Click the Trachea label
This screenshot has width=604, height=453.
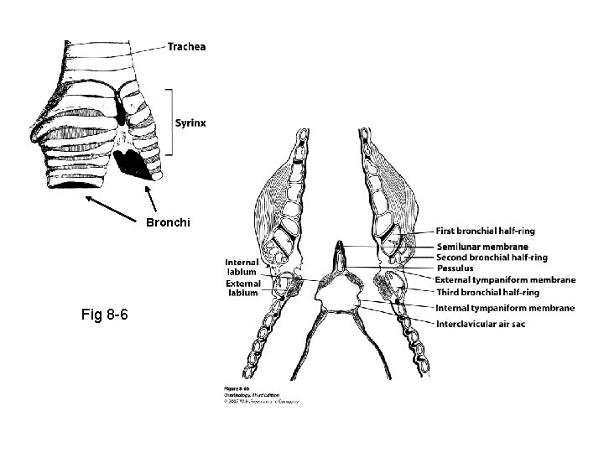[185, 47]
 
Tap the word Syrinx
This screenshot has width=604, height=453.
[190, 122]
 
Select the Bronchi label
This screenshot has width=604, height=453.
[168, 223]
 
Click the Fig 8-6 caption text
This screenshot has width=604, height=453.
[104, 315]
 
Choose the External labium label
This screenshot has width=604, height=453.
[242, 289]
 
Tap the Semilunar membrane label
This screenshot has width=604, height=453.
[482, 247]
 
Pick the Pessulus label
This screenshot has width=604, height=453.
[456, 268]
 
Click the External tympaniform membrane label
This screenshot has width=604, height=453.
[505, 279]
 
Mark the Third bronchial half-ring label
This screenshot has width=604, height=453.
[487, 292]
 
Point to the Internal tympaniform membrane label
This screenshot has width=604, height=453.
[505, 308]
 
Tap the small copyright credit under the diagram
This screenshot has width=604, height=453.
[261, 395]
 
